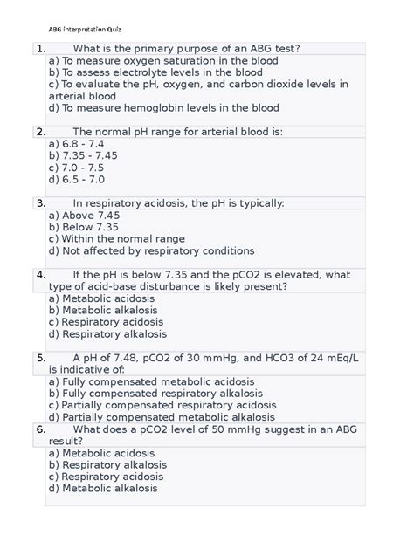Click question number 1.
tap(41, 48)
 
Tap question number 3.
tap(41, 202)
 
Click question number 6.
tap(41, 429)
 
